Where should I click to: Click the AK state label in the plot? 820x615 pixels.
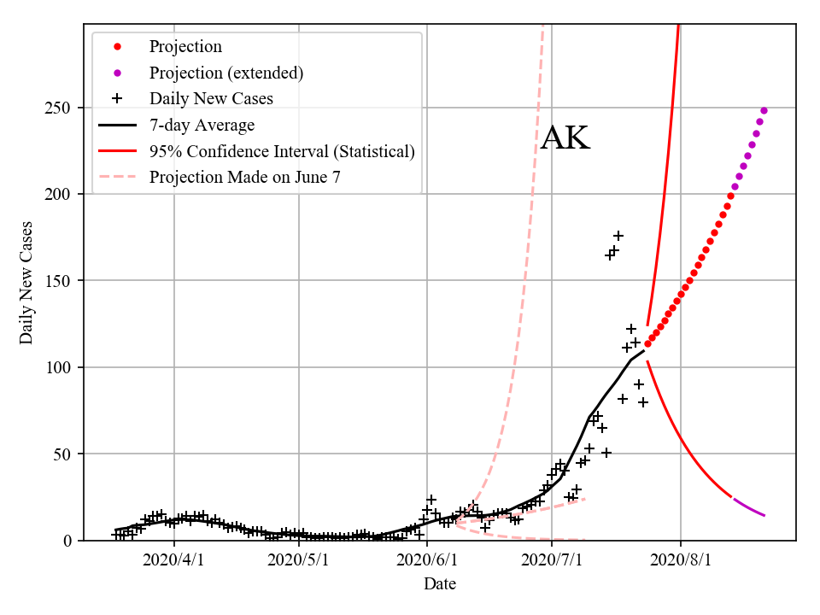coord(565,138)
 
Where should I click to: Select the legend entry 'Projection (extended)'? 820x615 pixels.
coord(225,73)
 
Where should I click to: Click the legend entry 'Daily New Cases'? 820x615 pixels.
coord(211,98)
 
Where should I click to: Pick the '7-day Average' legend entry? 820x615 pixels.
coord(202,126)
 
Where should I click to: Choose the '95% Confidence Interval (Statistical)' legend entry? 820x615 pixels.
coord(282,151)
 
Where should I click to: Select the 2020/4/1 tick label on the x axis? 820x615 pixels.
coord(174,560)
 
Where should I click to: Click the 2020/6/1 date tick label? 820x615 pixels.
coord(427,560)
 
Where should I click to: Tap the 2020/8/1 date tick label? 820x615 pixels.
coord(681,560)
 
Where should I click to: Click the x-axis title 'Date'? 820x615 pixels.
coord(440,584)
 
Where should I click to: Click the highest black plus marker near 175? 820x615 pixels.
coord(618,236)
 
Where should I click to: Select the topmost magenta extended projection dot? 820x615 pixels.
coord(764,110)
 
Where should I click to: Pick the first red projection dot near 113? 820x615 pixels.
coord(647,343)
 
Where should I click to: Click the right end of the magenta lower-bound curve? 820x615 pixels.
coord(764,515)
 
